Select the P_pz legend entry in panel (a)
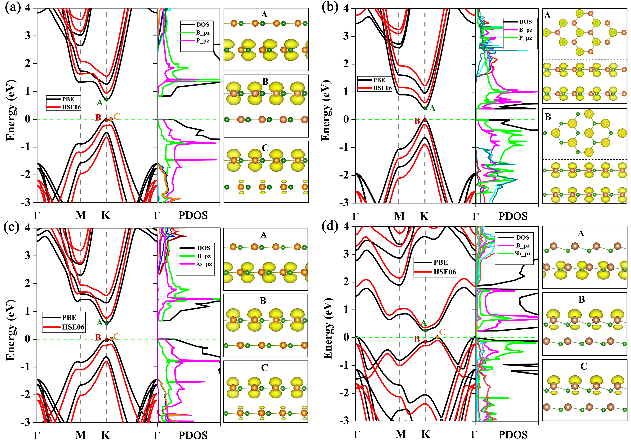[x=202, y=41]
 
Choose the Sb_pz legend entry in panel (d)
[x=522, y=253]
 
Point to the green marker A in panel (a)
[x=106, y=99]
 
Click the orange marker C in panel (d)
[x=437, y=337]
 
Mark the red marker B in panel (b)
[x=425, y=120]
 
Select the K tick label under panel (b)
[x=424, y=216]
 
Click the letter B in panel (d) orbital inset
[x=581, y=299]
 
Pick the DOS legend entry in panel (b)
[x=525, y=22]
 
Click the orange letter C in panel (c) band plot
[x=116, y=336]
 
